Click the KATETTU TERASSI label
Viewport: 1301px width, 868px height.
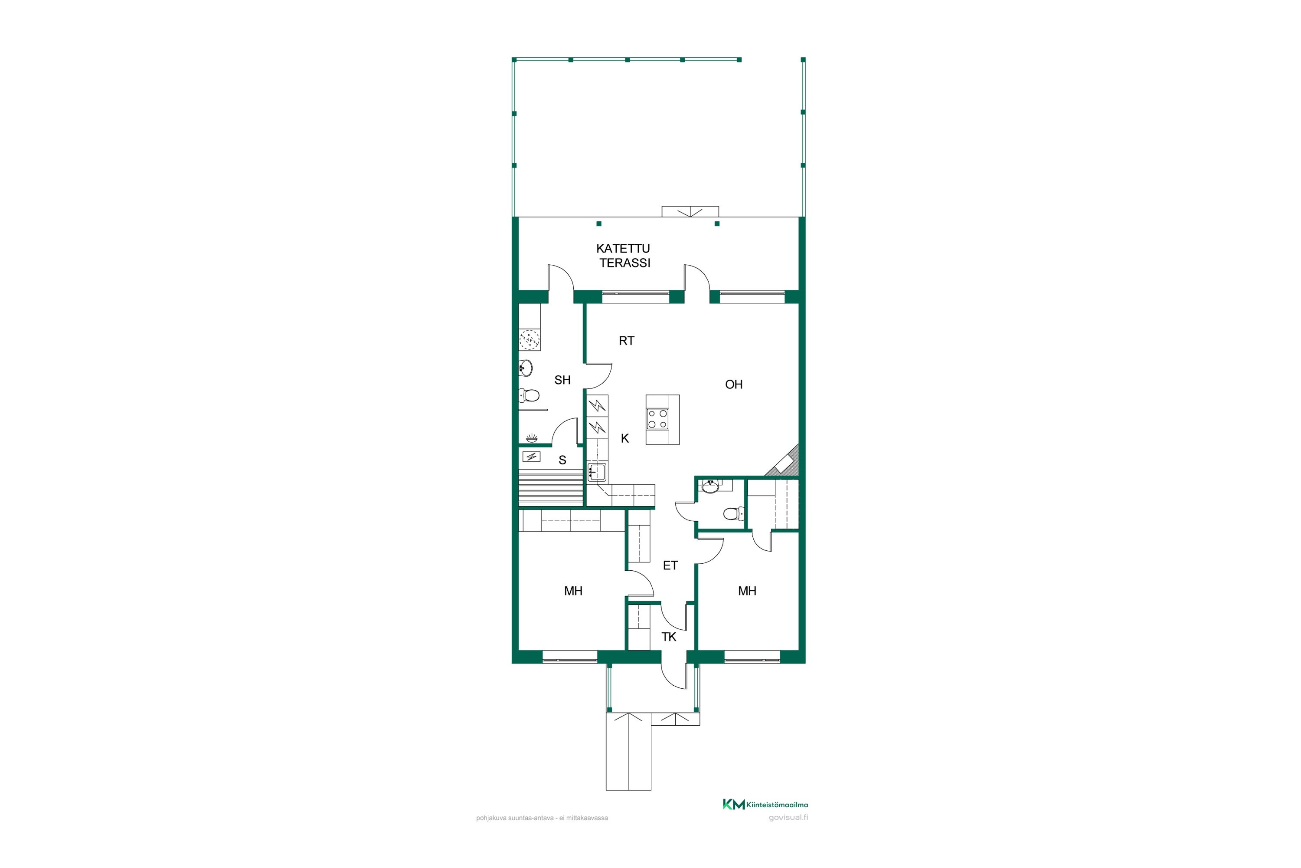click(624, 256)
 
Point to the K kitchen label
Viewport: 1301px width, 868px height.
click(625, 438)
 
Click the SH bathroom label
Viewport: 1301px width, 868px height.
click(562, 380)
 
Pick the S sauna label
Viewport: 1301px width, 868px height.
click(562, 460)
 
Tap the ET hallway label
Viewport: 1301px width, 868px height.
click(670, 565)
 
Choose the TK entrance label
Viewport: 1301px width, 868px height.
click(669, 637)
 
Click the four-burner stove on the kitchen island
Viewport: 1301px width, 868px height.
click(658, 419)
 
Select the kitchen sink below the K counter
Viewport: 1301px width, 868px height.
click(597, 472)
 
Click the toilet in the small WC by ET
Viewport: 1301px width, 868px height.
click(734, 514)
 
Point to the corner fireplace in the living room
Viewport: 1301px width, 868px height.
click(783, 460)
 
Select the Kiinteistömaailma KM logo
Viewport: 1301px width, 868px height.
click(765, 804)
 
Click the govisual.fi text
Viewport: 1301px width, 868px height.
click(788, 818)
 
